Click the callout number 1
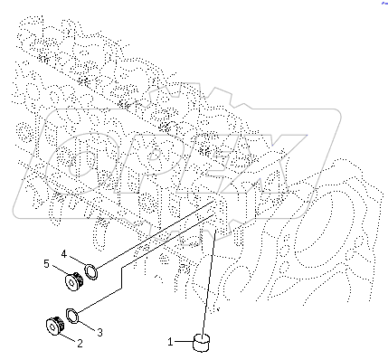(x=170, y=343)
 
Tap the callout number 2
(x=79, y=343)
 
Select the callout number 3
(x=99, y=333)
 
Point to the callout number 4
(x=64, y=253)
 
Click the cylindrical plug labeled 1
(x=201, y=342)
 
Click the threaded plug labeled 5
(x=74, y=280)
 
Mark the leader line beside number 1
(x=184, y=342)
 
